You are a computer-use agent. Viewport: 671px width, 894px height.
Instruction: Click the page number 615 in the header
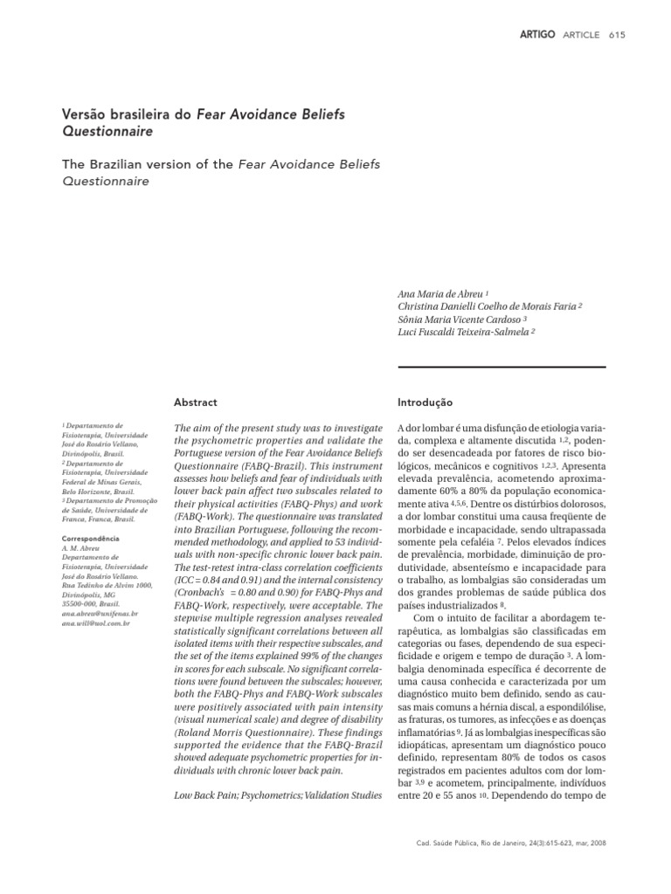click(x=616, y=34)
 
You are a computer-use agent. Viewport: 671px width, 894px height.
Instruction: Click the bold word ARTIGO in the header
click(x=537, y=34)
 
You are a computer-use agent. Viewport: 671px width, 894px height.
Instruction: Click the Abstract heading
click(x=197, y=402)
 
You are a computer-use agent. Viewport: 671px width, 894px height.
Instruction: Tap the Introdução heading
click(x=425, y=402)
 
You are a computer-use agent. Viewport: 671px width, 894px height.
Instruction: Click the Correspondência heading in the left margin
click(x=95, y=539)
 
